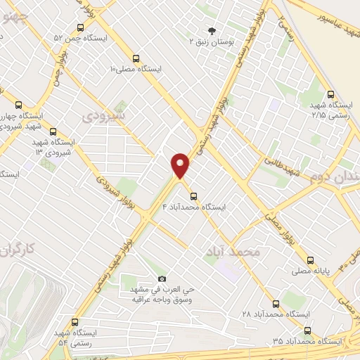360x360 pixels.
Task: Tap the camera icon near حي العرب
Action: click(x=162, y=279)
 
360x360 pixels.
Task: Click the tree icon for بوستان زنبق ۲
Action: click(x=212, y=30)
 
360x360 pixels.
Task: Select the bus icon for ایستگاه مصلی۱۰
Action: click(x=136, y=58)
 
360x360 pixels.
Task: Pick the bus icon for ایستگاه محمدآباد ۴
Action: click(x=194, y=196)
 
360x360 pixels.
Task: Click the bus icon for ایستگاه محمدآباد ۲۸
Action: click(x=275, y=304)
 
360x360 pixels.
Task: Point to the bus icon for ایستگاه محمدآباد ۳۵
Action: click(x=307, y=330)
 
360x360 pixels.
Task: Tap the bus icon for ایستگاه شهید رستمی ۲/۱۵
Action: click(x=330, y=94)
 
